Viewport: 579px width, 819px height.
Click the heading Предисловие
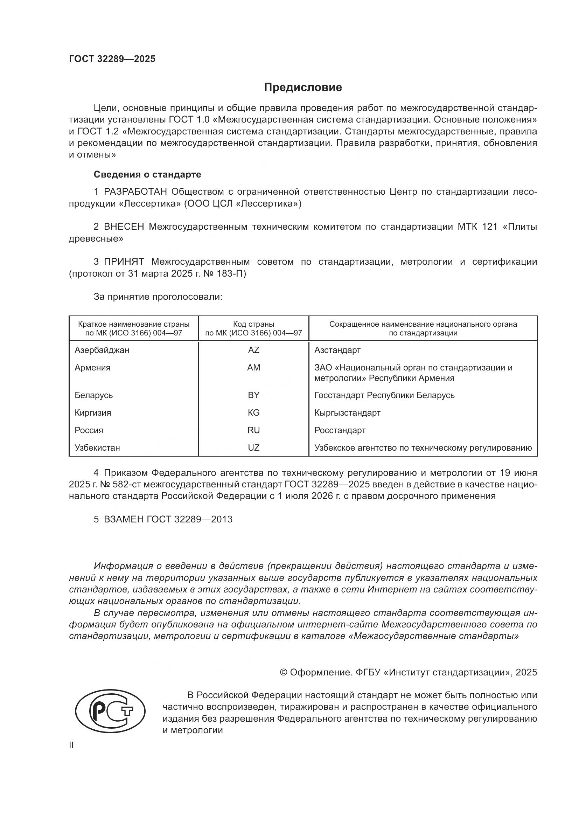click(303, 88)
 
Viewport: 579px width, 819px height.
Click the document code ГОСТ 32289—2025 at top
click(112, 59)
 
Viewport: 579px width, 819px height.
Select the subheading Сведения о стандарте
click(147, 174)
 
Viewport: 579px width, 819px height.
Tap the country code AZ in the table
click(253, 350)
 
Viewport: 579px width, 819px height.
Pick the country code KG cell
click(253, 413)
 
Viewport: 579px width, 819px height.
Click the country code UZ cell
click(253, 448)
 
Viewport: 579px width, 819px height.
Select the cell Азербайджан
click(102, 350)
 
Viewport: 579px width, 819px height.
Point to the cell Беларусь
click(94, 395)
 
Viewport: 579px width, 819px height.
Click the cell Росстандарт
click(340, 430)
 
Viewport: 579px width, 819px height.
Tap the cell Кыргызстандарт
click(347, 413)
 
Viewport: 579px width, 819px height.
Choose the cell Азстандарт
click(337, 350)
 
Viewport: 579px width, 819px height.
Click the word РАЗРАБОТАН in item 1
click(135, 192)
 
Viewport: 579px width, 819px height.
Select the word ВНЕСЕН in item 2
click(124, 227)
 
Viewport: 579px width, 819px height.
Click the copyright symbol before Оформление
click(284, 673)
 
